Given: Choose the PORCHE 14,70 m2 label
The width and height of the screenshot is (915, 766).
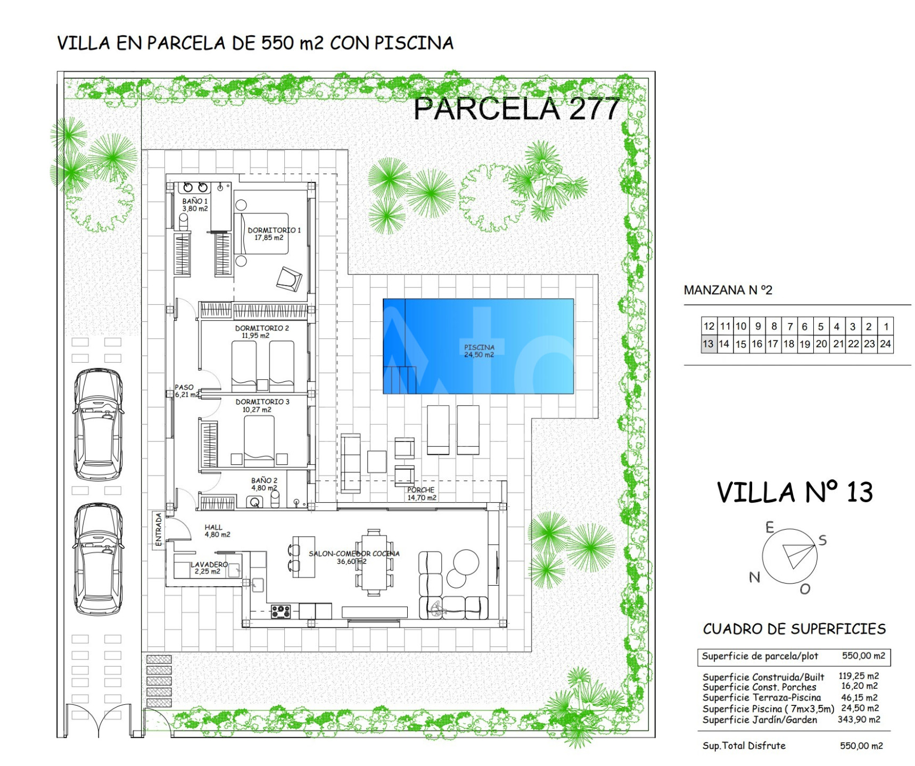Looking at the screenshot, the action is pyautogui.click(x=422, y=494).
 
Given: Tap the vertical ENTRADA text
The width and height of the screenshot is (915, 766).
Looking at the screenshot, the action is pyautogui.click(x=159, y=529).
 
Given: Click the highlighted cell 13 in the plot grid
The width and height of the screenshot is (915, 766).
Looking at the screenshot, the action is pyautogui.click(x=708, y=344).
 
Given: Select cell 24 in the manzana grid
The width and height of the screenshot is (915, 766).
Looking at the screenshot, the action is pyautogui.click(x=885, y=344).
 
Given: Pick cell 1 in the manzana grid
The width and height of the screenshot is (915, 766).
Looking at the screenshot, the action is pyautogui.click(x=886, y=327).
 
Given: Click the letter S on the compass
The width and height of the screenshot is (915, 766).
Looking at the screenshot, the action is pyautogui.click(x=822, y=540).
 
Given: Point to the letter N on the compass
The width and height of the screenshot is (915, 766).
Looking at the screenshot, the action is pyautogui.click(x=754, y=577).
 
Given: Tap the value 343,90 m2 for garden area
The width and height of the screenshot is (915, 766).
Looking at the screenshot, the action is pyautogui.click(x=859, y=720).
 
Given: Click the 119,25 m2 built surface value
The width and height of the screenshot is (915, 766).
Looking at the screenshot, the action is pyautogui.click(x=859, y=676).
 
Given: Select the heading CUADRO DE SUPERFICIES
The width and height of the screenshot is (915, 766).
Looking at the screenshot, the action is pyautogui.click(x=794, y=629).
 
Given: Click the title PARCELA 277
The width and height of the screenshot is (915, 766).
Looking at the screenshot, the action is pyautogui.click(x=517, y=109).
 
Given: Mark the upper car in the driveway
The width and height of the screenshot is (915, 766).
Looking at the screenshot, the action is pyautogui.click(x=98, y=424).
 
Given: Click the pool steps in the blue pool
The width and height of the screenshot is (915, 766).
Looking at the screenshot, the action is pyautogui.click(x=399, y=380).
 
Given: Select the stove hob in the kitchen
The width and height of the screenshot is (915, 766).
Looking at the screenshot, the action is pyautogui.click(x=281, y=611).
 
